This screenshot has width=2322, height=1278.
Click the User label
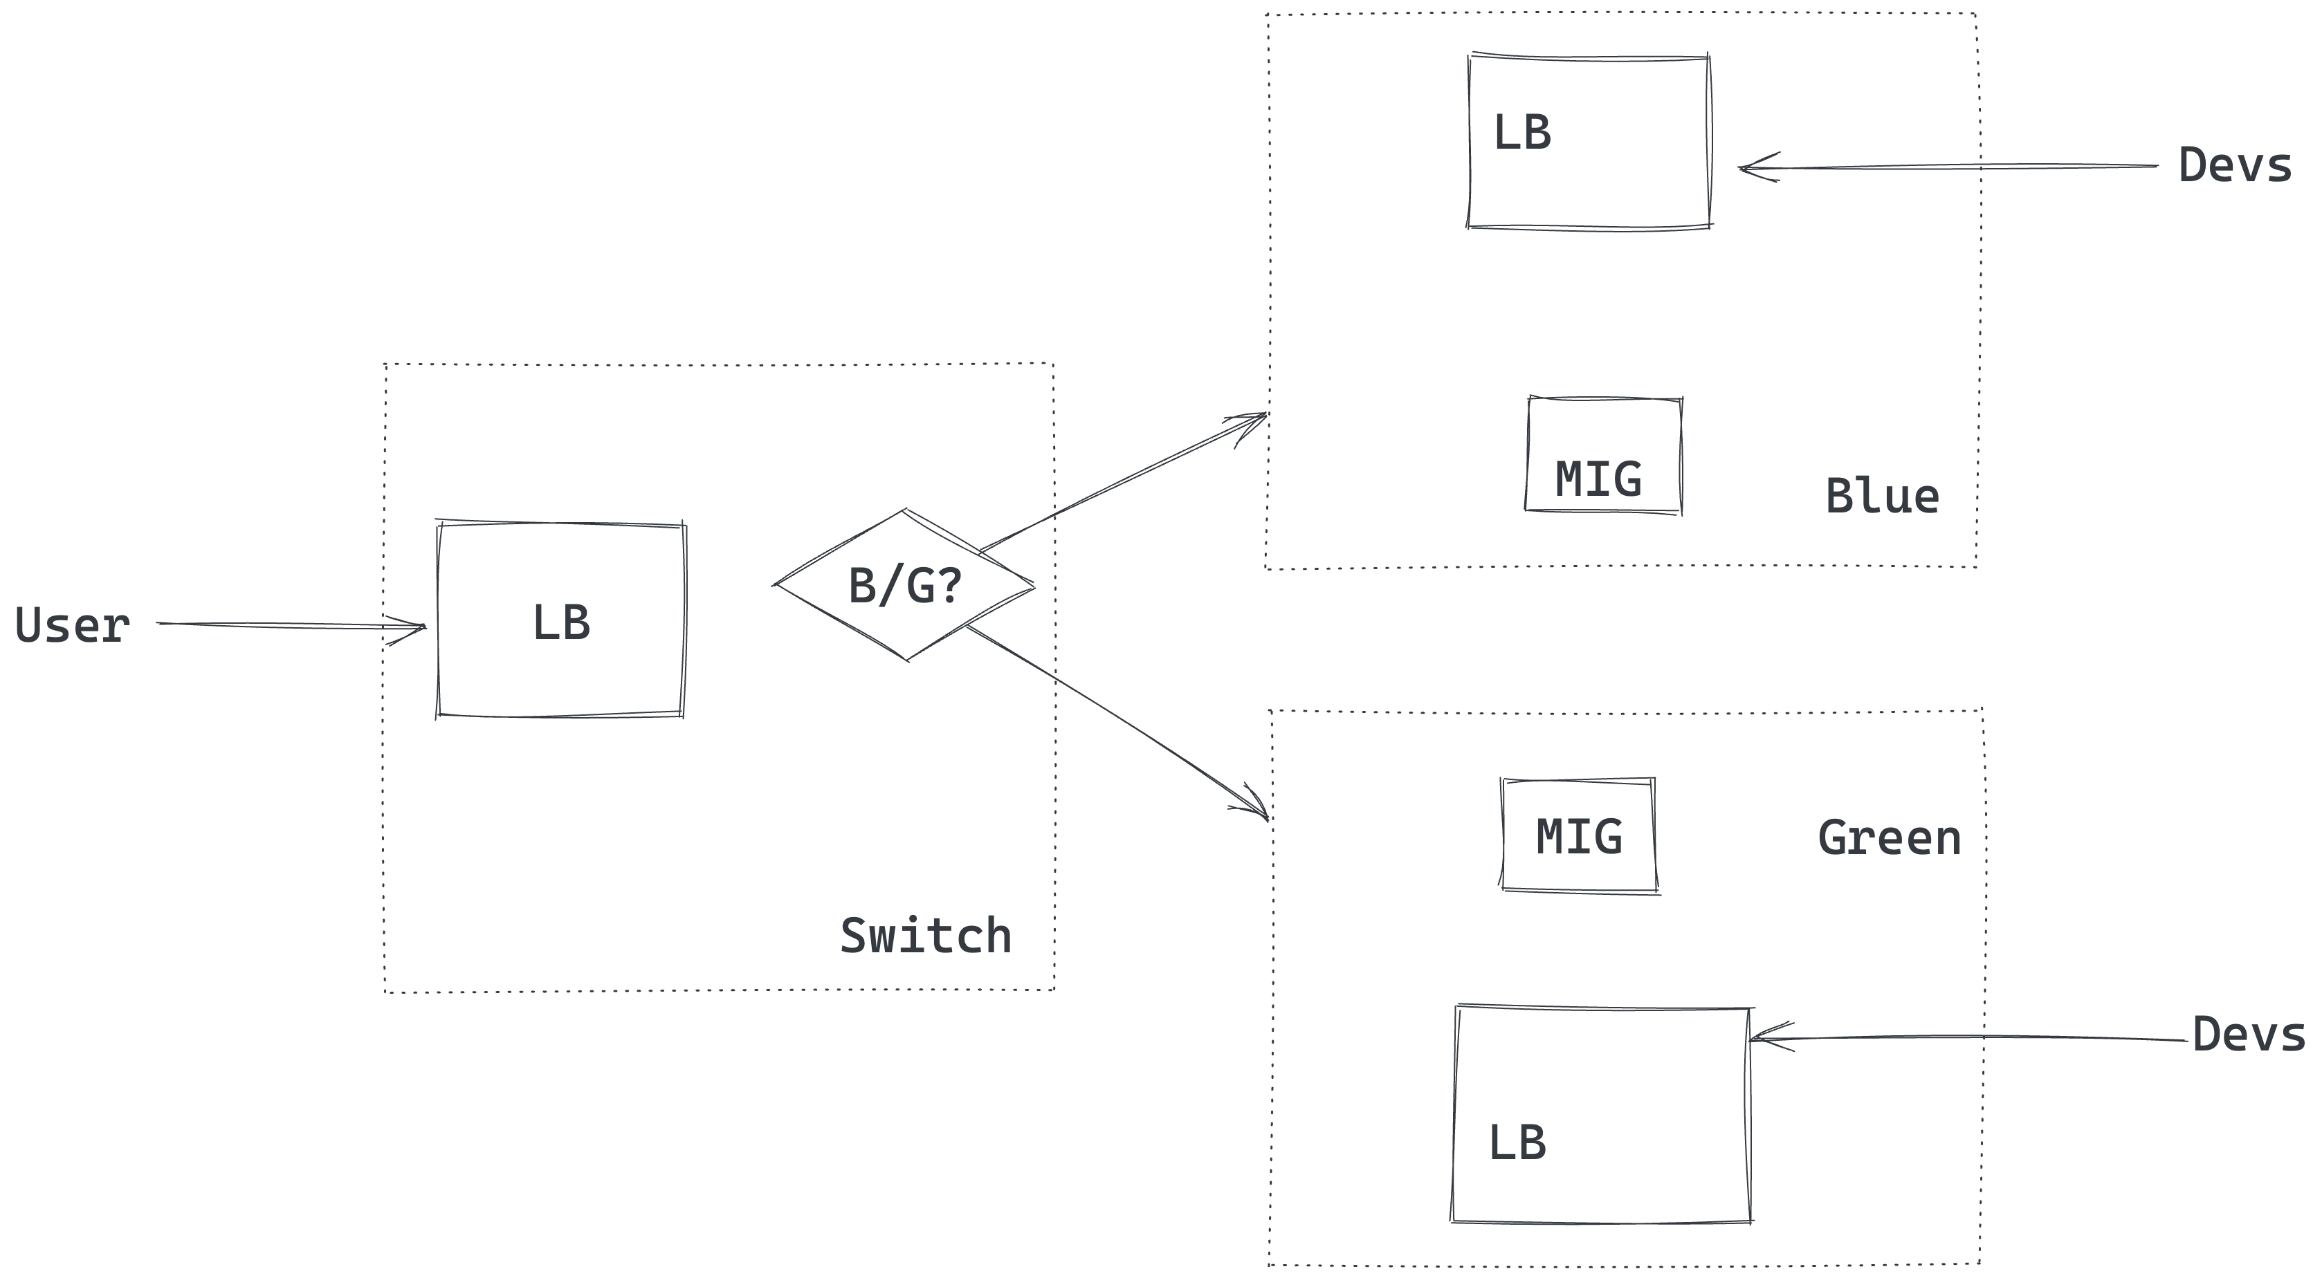(72, 625)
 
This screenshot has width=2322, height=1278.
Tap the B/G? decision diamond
(904, 586)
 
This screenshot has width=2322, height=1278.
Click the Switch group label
(925, 936)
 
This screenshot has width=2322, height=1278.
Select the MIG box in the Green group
(1578, 835)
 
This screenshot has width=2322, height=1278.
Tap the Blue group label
(1882, 497)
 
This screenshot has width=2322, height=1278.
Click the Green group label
(1890, 838)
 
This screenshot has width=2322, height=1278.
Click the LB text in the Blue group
(1521, 133)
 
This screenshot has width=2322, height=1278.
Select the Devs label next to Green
(2248, 1035)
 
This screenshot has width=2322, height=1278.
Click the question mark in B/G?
(949, 586)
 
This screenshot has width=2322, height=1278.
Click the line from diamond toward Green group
(1108, 716)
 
